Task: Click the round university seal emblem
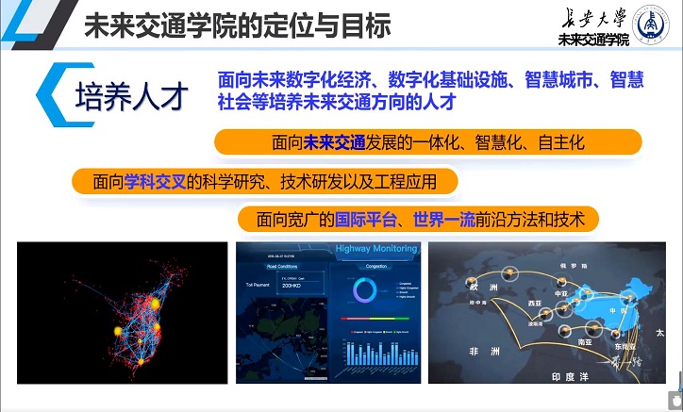click(651, 25)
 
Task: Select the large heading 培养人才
click(132, 95)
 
